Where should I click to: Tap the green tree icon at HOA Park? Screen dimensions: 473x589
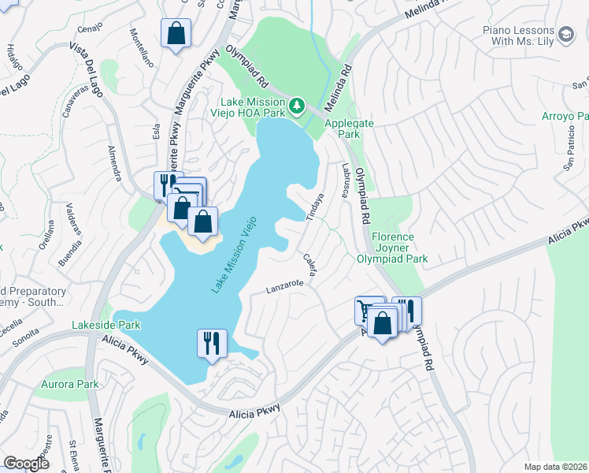tap(297, 105)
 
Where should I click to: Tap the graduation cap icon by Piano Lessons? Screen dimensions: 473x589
tap(565, 33)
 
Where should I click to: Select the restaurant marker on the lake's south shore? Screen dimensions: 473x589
tap(212, 344)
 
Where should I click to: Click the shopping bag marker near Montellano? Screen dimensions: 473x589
tap(175, 35)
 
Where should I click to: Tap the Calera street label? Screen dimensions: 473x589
tap(309, 263)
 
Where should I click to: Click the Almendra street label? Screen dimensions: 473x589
tap(113, 161)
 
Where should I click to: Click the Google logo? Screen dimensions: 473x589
tap(26, 464)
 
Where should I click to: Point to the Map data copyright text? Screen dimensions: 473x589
tap(555, 467)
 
